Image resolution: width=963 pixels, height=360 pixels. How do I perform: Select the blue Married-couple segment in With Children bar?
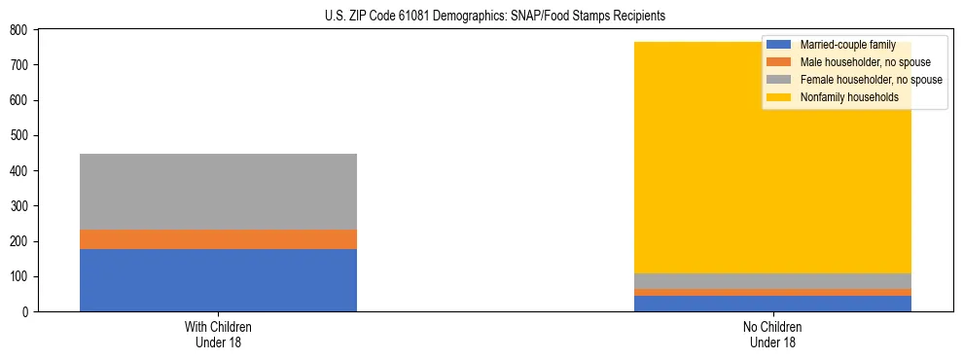click(x=218, y=280)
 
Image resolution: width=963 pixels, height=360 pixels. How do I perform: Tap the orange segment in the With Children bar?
click(x=218, y=239)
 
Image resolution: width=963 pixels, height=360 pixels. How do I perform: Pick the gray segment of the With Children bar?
click(x=218, y=192)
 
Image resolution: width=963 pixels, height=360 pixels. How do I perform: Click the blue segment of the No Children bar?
click(x=772, y=304)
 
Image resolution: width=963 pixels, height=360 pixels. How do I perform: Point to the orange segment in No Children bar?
click(x=772, y=292)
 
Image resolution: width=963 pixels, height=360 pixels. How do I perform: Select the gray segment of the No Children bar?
click(x=772, y=281)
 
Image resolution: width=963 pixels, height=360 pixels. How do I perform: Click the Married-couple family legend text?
click(x=847, y=45)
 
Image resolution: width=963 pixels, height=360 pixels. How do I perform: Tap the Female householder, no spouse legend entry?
click(x=871, y=80)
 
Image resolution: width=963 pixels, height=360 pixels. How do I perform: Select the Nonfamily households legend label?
click(x=849, y=97)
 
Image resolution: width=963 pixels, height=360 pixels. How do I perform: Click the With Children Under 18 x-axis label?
click(x=218, y=335)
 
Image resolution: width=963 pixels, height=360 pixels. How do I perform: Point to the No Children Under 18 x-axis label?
click(x=772, y=335)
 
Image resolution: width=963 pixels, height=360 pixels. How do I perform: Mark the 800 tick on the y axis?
click(x=18, y=30)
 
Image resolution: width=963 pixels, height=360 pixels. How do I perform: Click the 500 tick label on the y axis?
click(x=18, y=136)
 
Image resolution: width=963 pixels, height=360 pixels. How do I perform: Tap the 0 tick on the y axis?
click(x=23, y=312)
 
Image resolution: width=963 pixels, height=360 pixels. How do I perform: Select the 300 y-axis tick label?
click(x=18, y=206)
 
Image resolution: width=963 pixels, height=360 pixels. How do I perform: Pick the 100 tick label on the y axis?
click(x=18, y=277)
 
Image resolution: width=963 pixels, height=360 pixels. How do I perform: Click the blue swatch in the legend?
click(x=779, y=45)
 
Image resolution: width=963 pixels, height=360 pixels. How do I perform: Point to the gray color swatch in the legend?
click(x=779, y=80)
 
